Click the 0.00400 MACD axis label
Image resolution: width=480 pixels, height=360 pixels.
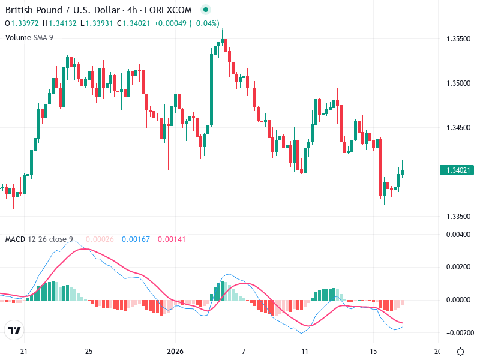[x=459, y=234]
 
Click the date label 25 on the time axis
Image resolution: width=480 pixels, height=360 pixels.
[x=88, y=351]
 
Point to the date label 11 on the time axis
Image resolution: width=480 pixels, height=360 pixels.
[x=306, y=351]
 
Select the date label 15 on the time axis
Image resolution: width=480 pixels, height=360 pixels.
[x=373, y=351]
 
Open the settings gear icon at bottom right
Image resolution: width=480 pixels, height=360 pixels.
[x=460, y=352]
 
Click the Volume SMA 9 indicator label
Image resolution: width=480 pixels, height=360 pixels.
[x=29, y=37]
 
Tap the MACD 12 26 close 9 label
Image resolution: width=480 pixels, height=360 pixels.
[x=39, y=239]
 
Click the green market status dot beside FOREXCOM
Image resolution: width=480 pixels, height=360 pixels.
[x=206, y=10]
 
